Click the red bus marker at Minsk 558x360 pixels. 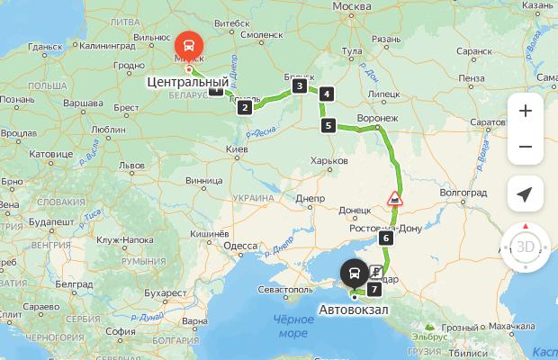click(189, 44)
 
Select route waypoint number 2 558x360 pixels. click(244, 108)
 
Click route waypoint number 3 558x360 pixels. click(298, 86)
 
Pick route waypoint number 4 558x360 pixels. click(326, 94)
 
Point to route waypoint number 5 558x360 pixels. click(328, 126)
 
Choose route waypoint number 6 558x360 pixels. click(385, 238)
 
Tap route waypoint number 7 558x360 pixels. click(373, 290)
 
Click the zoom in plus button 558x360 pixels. click(526, 111)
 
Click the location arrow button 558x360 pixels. click(526, 193)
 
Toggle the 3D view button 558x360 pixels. click(526, 246)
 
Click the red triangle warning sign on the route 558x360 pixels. click(394, 198)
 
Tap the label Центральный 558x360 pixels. click(186, 82)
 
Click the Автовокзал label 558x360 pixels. click(355, 310)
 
